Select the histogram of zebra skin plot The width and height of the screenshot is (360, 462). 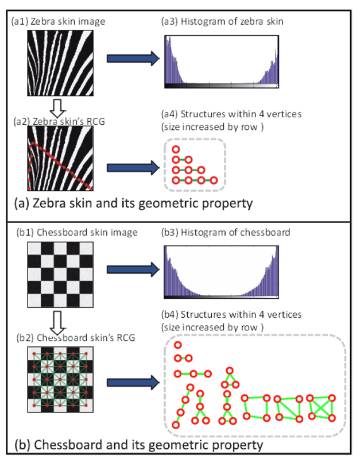[x=221, y=61]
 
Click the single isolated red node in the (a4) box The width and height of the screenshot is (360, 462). [x=176, y=149]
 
